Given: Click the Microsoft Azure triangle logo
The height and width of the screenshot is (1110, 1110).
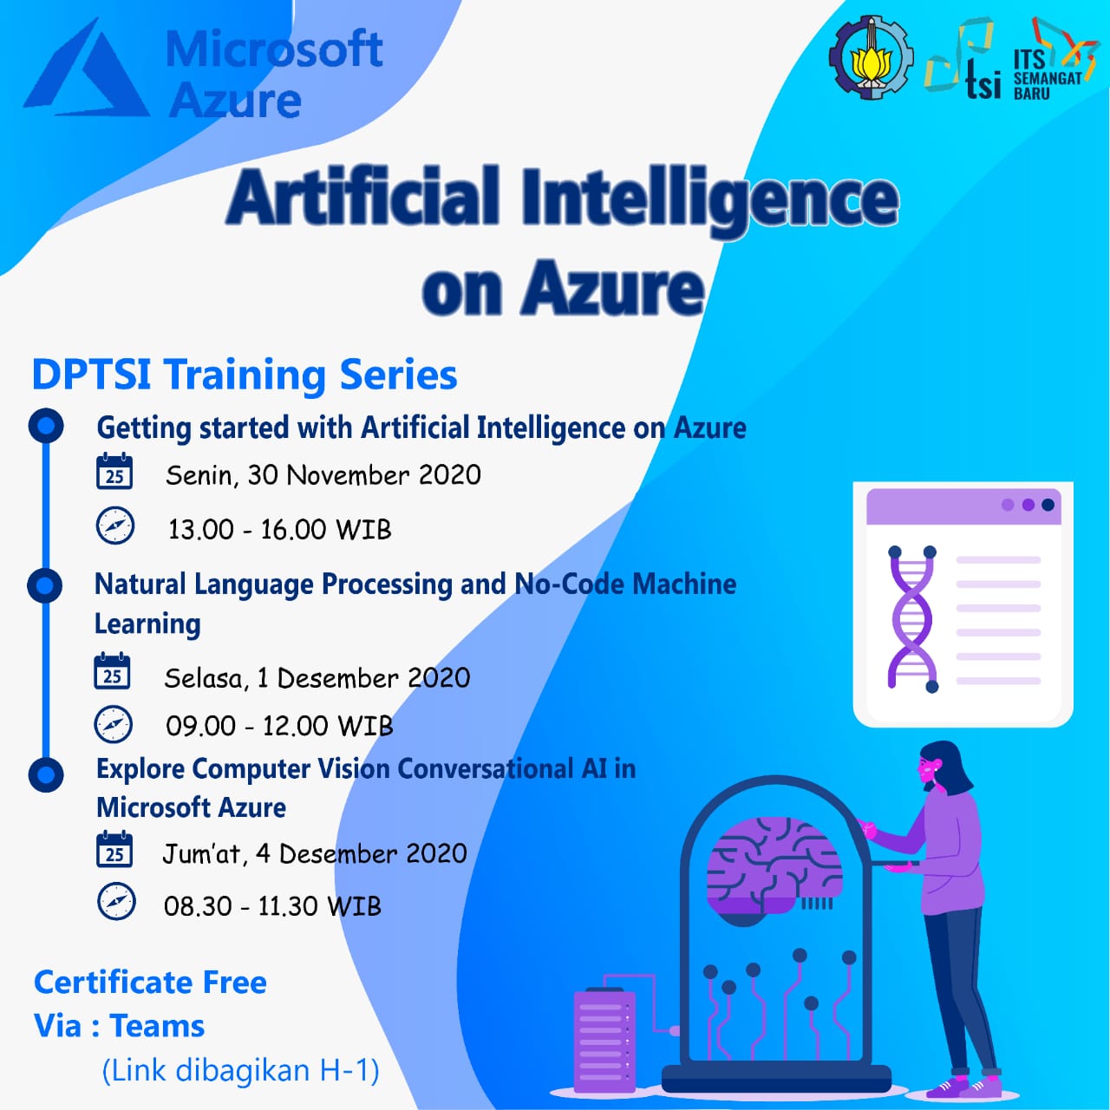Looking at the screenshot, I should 87,71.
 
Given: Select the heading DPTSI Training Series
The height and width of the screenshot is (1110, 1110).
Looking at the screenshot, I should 245,375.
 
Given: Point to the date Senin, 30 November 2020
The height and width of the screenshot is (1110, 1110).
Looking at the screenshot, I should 323,475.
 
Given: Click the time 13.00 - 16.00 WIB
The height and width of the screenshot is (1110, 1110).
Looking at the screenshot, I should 279,529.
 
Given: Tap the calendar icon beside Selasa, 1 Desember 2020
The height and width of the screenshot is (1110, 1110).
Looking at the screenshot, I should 113,672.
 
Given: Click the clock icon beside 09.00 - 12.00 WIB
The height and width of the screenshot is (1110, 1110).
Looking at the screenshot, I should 114,725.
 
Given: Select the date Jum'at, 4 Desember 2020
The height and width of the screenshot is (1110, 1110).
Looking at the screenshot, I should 315,854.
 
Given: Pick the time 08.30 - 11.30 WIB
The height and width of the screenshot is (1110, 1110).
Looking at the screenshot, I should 272,906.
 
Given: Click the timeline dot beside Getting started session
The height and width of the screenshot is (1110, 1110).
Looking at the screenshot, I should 46,426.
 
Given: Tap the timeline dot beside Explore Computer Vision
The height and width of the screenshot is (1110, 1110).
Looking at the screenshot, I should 46,774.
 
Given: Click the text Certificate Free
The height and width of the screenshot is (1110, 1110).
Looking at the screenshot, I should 150,983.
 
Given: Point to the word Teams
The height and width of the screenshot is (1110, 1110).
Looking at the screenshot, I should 157,1026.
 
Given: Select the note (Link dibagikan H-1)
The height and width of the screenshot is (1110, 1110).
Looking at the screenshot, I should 240,1070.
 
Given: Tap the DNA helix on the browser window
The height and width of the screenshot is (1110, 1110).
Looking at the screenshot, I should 911,618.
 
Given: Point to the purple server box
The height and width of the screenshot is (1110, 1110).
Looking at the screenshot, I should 604,1039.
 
